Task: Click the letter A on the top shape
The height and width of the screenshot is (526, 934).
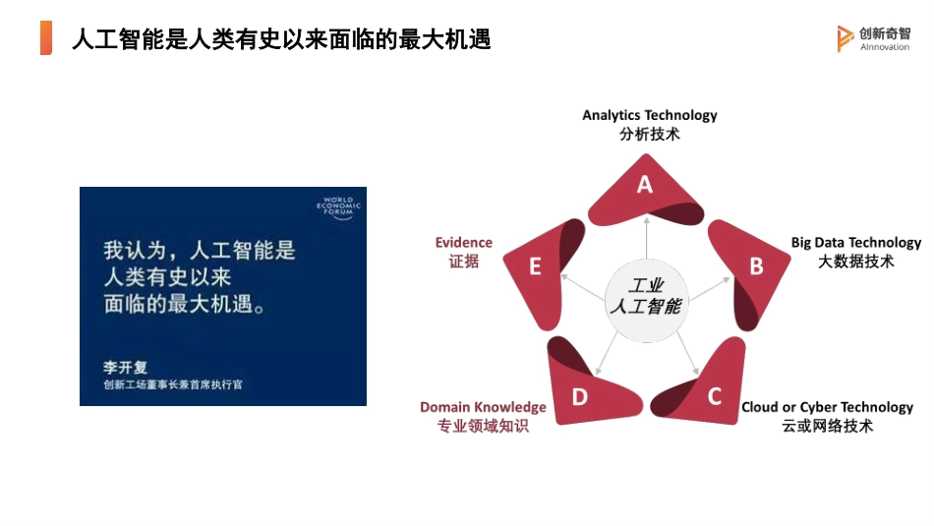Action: pos(645,184)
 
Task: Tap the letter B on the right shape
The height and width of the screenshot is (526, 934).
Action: pos(756,265)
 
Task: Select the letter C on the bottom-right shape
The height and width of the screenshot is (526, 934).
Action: pos(715,396)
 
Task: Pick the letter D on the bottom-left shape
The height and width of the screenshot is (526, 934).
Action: pos(580,396)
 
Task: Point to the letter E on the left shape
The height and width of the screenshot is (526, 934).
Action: pos(535,266)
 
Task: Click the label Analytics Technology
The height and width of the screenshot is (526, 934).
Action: pos(649,115)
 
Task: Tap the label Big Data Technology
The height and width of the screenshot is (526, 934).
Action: pos(856,243)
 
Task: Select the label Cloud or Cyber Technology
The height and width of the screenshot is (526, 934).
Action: pos(827,407)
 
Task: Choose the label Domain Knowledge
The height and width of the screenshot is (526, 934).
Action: pos(483,407)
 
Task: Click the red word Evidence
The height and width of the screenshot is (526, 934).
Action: pos(464,243)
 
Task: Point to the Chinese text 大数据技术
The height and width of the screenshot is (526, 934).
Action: pos(856,262)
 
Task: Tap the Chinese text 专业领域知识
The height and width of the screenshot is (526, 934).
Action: pos(483,426)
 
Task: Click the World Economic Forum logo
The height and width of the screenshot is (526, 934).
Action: pos(338,209)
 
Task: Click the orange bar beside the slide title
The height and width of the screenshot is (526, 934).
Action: pos(46,37)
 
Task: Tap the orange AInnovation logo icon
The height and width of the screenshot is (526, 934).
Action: pos(845,38)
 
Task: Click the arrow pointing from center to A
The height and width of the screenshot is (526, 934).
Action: pos(646,241)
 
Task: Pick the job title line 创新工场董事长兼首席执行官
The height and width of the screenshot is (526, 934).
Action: pos(172,384)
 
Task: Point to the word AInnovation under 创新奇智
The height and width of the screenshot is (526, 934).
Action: pos(885,47)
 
